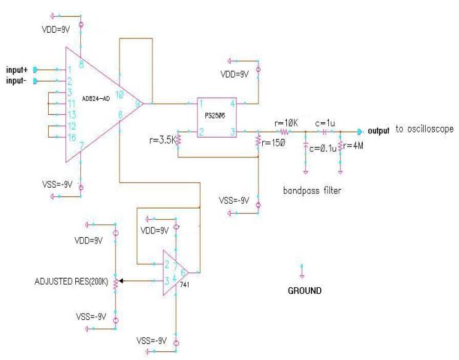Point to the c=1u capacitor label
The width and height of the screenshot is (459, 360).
tap(325, 123)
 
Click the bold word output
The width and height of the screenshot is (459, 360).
tap(379, 131)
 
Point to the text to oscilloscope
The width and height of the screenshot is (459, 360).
tap(424, 131)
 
